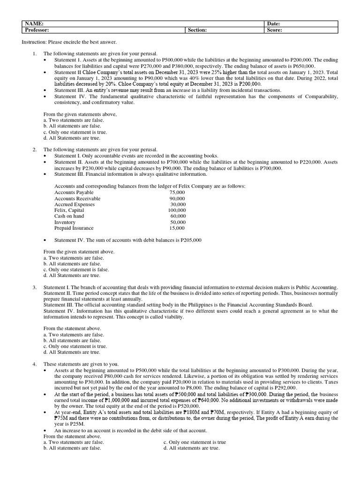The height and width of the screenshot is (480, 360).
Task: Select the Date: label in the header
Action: pos(274,24)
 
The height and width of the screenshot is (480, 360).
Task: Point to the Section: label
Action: pos(197,30)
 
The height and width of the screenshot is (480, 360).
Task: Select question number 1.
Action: pos(35,54)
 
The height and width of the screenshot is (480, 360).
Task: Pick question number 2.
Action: pos(35,150)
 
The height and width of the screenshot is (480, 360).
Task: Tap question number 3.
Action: pos(35,287)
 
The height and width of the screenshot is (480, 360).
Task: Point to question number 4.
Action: pos(35,364)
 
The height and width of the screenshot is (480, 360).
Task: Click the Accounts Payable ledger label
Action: pos(74,193)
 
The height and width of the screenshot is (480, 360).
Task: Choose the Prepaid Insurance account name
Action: pos(74,228)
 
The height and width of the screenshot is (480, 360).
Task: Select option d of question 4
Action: pos(191,448)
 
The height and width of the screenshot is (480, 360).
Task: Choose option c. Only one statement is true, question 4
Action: pos(195,442)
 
